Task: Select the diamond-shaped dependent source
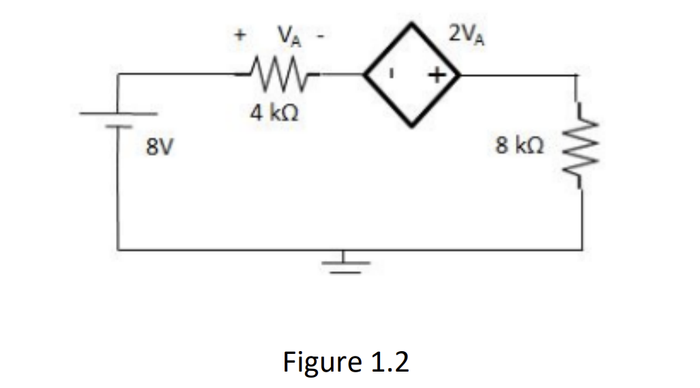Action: pos(412,73)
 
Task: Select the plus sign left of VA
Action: pos(239,34)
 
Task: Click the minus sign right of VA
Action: pos(318,33)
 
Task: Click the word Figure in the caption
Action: pos(321,361)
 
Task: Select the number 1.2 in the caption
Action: pos(389,361)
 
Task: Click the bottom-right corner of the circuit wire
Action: pos(581,249)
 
